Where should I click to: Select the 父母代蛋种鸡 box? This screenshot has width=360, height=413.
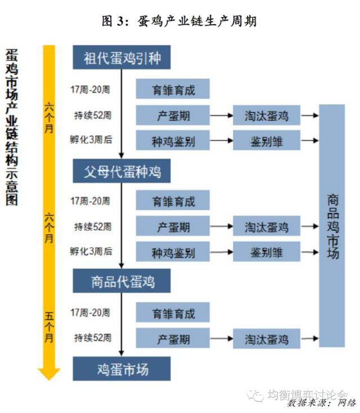coord(121,170)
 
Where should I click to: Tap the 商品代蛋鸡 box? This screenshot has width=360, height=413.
coord(121,280)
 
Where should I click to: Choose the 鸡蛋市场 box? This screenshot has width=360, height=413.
coord(121,369)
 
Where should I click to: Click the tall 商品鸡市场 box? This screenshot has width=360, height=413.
coord(332,225)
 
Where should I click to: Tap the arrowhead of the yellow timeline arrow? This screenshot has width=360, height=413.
coord(49,372)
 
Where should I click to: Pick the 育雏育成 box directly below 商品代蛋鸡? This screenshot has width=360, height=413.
coord(173,312)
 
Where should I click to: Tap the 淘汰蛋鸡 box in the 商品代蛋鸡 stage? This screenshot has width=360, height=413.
coord(267,339)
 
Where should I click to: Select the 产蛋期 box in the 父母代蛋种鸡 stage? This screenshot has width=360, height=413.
coord(173,227)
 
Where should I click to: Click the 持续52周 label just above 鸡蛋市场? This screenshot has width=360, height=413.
coord(93,338)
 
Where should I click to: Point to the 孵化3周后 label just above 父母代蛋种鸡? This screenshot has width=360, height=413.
coord(91,140)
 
